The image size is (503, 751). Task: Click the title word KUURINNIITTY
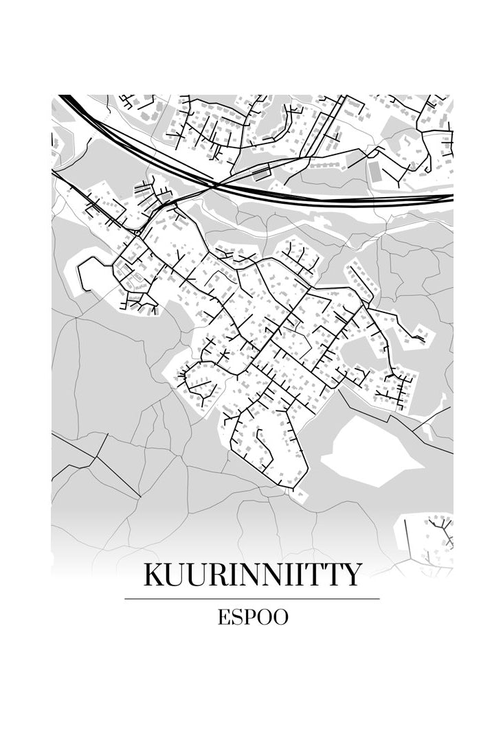(x=252, y=575)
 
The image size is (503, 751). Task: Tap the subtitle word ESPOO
(x=253, y=617)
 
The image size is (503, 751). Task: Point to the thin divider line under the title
(x=252, y=599)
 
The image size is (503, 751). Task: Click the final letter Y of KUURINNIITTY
(x=351, y=575)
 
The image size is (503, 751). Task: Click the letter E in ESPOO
(x=224, y=617)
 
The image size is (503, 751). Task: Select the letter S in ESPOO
(x=236, y=617)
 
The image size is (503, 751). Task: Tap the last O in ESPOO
(x=280, y=617)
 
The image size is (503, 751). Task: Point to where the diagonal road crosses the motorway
(x=214, y=184)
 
